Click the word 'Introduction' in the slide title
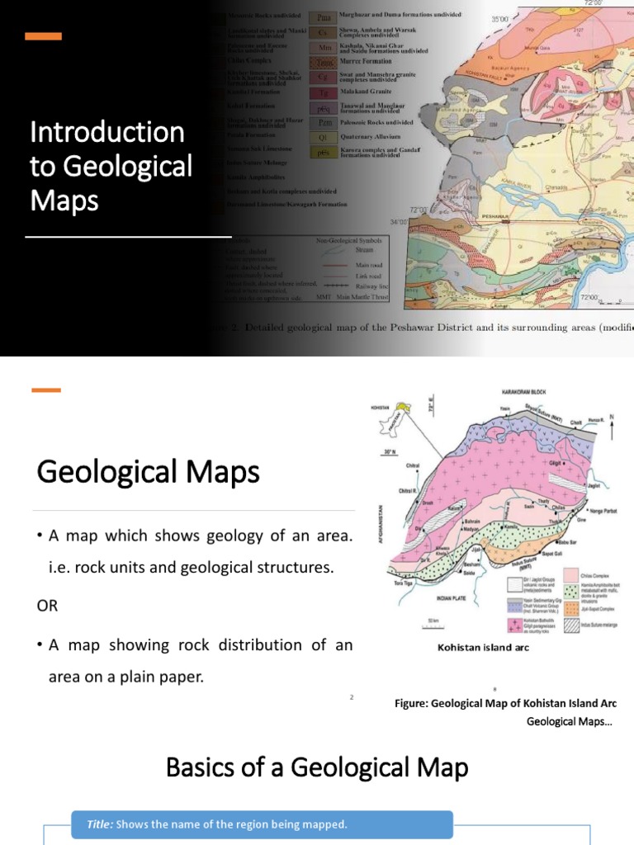106,132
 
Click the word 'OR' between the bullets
48,606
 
